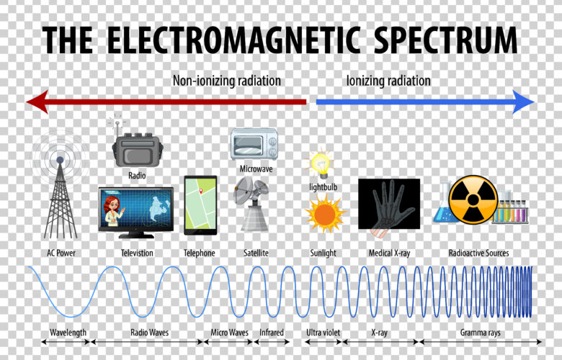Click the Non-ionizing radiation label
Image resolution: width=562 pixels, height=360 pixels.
pos(227,81)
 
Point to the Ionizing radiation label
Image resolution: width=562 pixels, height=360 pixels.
pos(388,81)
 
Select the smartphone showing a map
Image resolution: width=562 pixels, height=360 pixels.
pos(200,204)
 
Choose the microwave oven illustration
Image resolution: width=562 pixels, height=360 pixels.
pos(254,144)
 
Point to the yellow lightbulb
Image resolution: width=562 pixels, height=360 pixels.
pos(319,163)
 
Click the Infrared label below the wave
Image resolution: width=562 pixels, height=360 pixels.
pos(272,333)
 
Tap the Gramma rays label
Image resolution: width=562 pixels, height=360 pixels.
pos(480,333)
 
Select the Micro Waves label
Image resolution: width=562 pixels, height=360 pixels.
pos(229,333)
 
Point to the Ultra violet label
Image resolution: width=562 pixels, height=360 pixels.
pos(323,333)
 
